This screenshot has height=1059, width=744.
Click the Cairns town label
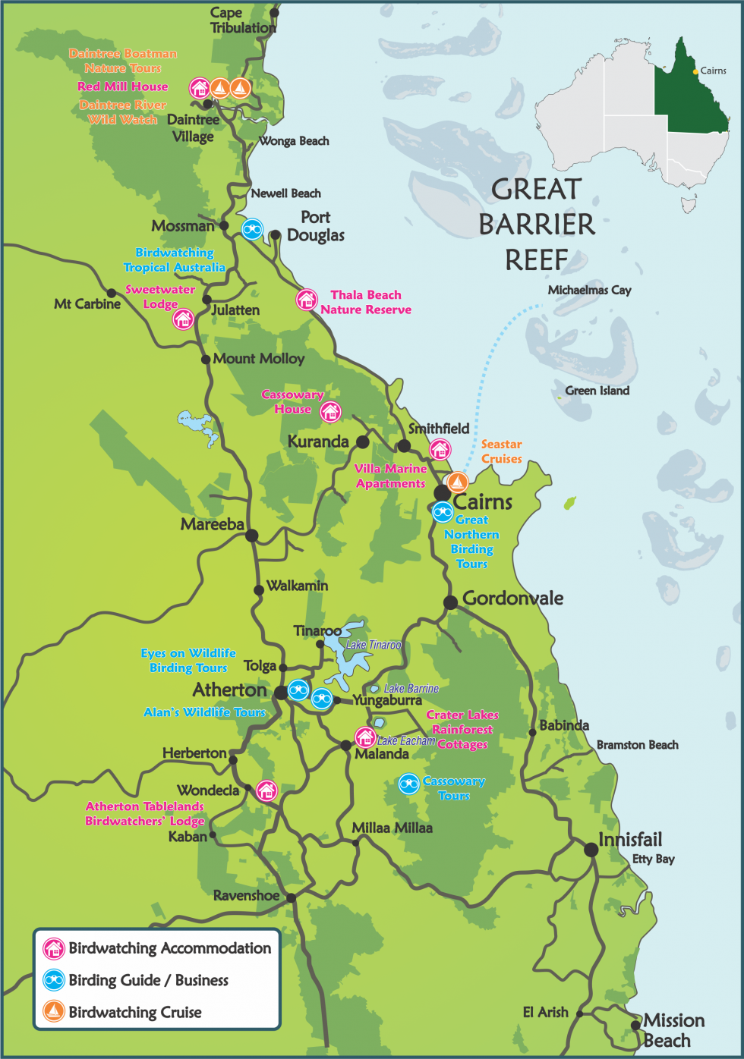pyautogui.click(x=483, y=501)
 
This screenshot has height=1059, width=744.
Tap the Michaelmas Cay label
pyautogui.click(x=589, y=290)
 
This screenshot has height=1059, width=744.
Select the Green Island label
pyautogui.click(x=597, y=391)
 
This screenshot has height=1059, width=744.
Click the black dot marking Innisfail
pyautogui.click(x=591, y=850)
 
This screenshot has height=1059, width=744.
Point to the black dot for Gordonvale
pyautogui.click(x=450, y=602)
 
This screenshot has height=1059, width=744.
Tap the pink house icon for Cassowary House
pyautogui.click(x=330, y=412)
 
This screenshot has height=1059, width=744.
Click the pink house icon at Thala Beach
pyautogui.click(x=306, y=300)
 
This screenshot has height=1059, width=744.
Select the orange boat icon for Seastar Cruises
pyautogui.click(x=457, y=482)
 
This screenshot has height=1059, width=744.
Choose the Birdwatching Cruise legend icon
pyautogui.click(x=53, y=1011)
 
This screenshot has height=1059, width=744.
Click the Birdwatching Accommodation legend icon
pyautogui.click(x=53, y=948)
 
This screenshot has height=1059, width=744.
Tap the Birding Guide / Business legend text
pyautogui.click(x=148, y=980)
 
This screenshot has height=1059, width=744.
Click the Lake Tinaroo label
pyautogui.click(x=374, y=645)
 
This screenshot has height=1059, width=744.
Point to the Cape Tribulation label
pyautogui.click(x=242, y=20)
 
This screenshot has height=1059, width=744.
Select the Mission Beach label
pyautogui.click(x=673, y=1030)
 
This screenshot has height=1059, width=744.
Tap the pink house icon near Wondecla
pyautogui.click(x=266, y=790)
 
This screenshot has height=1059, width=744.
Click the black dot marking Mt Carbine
pyautogui.click(x=111, y=293)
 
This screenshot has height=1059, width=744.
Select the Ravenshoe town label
pyautogui.click(x=245, y=895)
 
